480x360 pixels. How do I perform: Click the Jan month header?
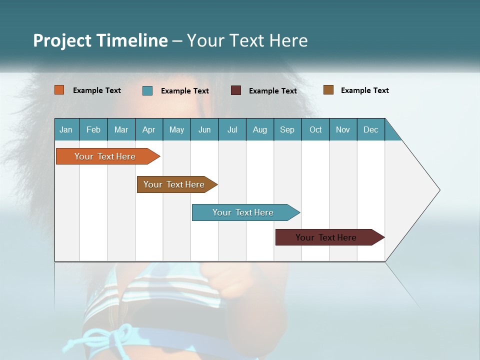pos(66,129)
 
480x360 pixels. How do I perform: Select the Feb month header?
pos(93,129)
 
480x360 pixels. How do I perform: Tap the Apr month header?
pos(149,129)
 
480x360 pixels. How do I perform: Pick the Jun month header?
pos(204,129)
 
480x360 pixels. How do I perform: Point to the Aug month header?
pos(260,129)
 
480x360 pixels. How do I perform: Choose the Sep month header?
pos(287,129)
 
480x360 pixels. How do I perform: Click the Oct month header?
pos(315,129)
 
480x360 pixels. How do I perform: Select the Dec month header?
pos(371,129)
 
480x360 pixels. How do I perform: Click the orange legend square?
pos(59,90)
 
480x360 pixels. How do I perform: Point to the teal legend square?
pos(147,90)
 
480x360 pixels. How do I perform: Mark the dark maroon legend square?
pos(236,90)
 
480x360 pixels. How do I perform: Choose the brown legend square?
pos(328,90)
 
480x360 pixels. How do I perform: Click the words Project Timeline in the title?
pos(100,40)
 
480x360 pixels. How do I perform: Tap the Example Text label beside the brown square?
pos(364,90)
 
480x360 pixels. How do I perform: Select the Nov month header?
pos(343,129)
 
